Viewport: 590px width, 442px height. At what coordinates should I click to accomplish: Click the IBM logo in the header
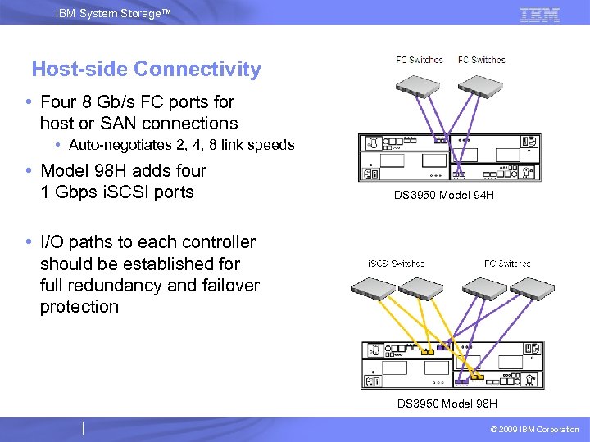point(540,13)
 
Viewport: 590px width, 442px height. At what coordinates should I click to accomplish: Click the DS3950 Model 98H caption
point(447,404)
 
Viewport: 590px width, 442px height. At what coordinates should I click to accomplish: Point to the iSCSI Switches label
point(396,264)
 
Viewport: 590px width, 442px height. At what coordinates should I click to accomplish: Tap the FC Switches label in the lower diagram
point(507,264)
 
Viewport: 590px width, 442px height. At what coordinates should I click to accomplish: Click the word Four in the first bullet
point(57,102)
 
